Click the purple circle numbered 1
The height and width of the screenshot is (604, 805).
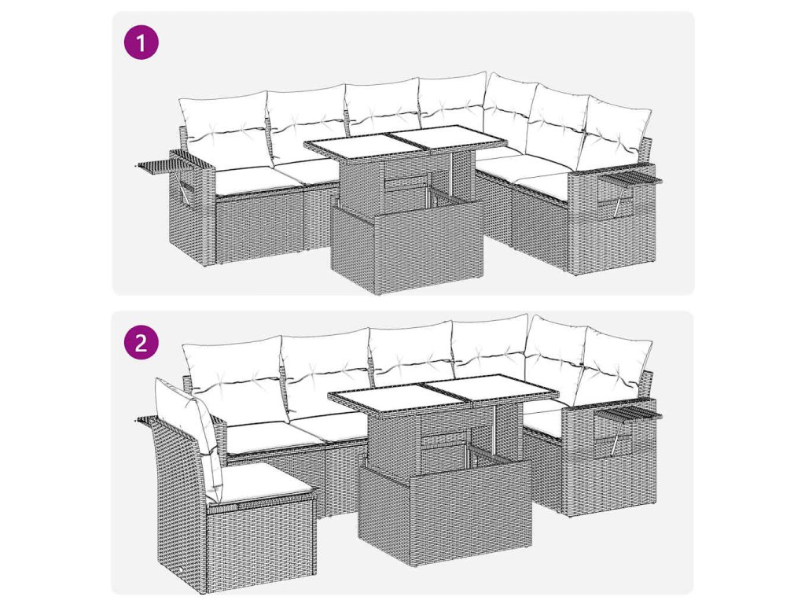pyautogui.click(x=142, y=42)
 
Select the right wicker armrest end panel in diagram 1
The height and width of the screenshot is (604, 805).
pyautogui.click(x=611, y=221)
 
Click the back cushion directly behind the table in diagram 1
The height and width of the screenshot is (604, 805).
pyautogui.click(x=384, y=107)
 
